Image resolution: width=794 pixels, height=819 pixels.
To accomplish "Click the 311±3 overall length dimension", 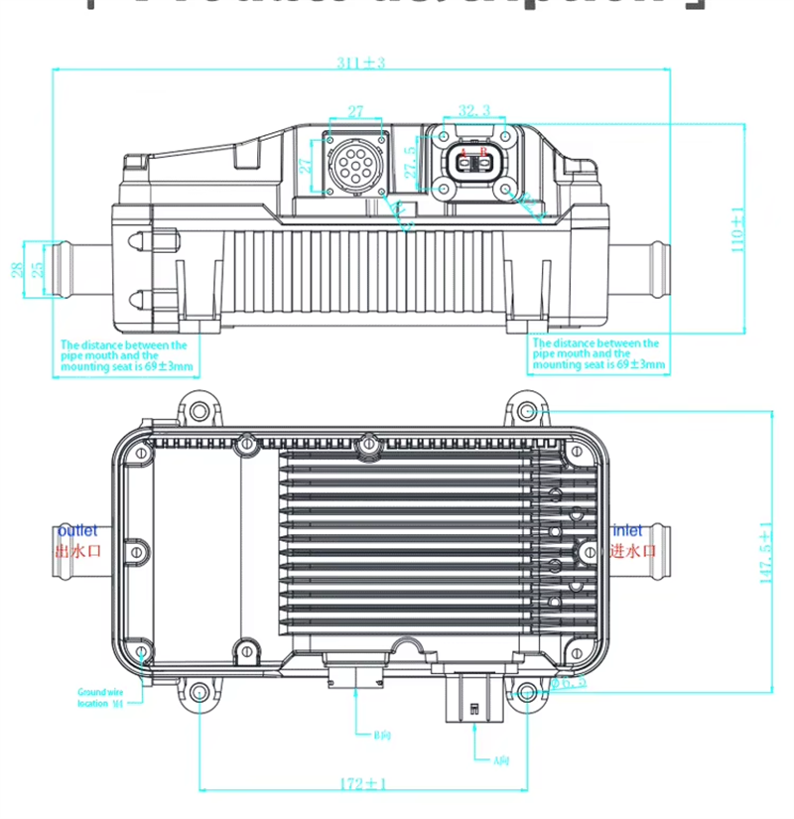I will pyautogui.click(x=360, y=63).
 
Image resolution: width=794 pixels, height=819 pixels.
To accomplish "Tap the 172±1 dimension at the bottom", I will pyautogui.click(x=362, y=784).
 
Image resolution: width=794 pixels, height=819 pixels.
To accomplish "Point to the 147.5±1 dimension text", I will pyautogui.click(x=765, y=553).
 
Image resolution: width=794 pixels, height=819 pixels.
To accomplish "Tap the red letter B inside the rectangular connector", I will pyautogui.click(x=483, y=152).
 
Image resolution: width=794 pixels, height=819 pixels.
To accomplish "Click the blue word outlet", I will pyautogui.click(x=78, y=531).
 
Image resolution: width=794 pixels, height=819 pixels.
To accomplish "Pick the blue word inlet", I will pyautogui.click(x=627, y=531).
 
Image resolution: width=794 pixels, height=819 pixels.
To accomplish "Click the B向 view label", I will pyautogui.click(x=381, y=736).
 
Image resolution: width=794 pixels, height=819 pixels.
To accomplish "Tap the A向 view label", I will pyautogui.click(x=501, y=761).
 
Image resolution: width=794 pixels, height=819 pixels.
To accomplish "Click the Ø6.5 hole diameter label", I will pyautogui.click(x=570, y=682).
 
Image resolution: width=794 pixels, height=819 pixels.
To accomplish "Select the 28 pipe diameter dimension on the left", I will pyautogui.click(x=17, y=269).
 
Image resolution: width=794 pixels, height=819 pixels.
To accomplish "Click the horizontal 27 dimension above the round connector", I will pyautogui.click(x=355, y=111).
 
